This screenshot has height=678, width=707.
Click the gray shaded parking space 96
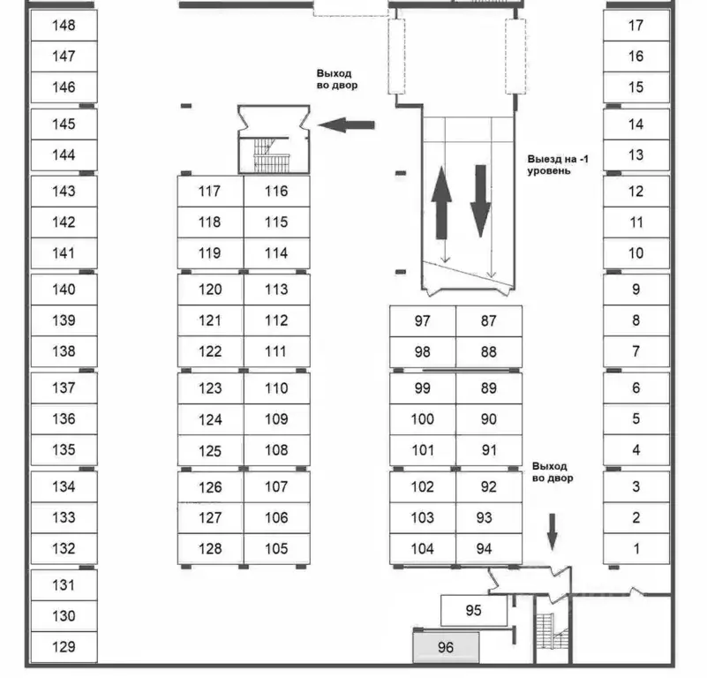446,647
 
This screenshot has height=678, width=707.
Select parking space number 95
473,610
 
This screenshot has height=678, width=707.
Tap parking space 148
64,26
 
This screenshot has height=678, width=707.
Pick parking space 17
636,26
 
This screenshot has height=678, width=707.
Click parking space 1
636,548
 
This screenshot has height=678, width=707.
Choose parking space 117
210,192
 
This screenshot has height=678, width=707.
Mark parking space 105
276,548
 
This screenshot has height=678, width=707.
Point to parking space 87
489,320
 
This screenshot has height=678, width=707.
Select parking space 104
423,548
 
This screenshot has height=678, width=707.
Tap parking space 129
64,647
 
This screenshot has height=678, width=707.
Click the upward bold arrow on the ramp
441,202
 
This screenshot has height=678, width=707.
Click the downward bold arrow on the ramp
481,201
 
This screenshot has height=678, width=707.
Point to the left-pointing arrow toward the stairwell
346,125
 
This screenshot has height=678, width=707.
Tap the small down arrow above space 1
553,532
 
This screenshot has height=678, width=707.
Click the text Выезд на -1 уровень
558,165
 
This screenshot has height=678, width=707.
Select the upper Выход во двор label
337,79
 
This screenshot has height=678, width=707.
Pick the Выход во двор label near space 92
553,471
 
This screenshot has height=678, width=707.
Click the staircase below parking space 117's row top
271,155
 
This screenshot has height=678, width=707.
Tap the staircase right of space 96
552,631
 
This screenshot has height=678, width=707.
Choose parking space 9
636,290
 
